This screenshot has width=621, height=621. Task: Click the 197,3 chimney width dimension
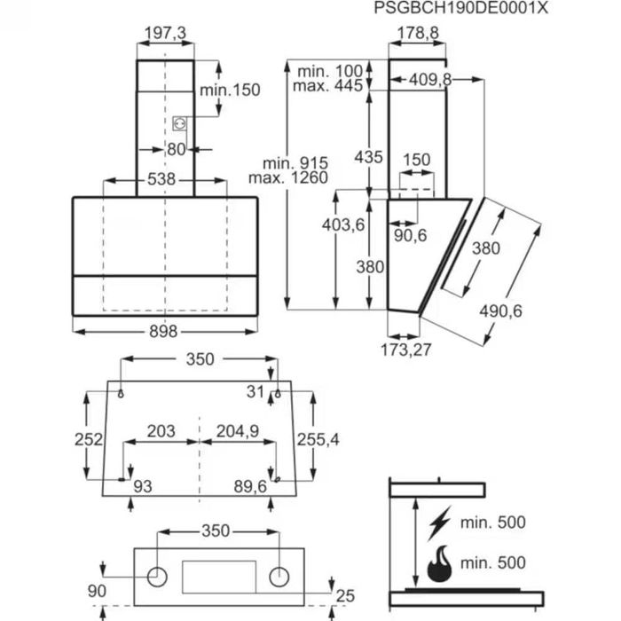pos(165,33)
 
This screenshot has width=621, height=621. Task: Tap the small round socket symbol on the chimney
pos(180,125)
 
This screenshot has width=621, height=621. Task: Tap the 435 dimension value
pos(368,157)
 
